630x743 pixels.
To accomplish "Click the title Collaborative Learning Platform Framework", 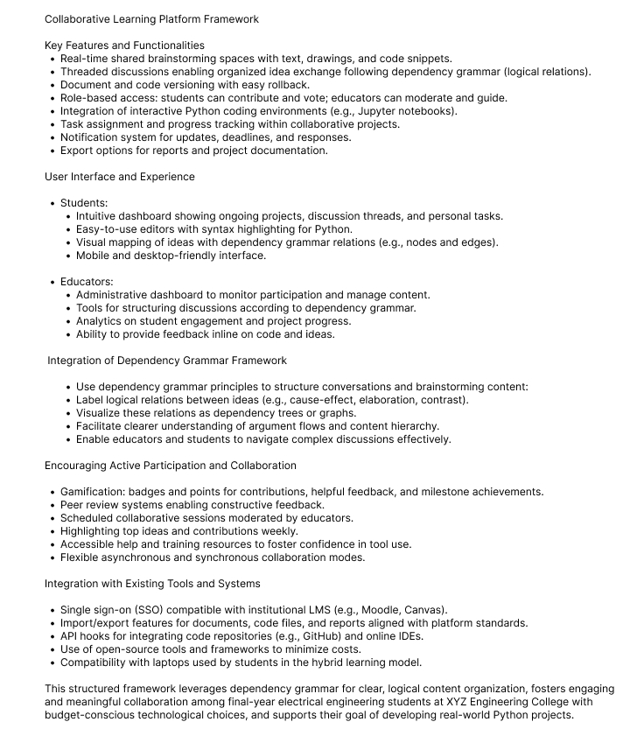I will pos(151,18).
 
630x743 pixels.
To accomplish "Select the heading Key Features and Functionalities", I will pos(124,45).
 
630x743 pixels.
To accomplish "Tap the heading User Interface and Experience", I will pos(120,176).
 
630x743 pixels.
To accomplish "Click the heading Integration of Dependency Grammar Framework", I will pos(167,360).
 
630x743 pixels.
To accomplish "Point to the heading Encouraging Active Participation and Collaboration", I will pos(171,465).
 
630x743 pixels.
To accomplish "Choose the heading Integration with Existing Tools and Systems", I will pos(152,583).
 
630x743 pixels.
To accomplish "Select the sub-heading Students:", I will pos(84,203).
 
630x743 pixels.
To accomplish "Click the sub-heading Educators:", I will pos(87,282).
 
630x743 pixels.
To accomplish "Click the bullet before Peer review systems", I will pos(52,505).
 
